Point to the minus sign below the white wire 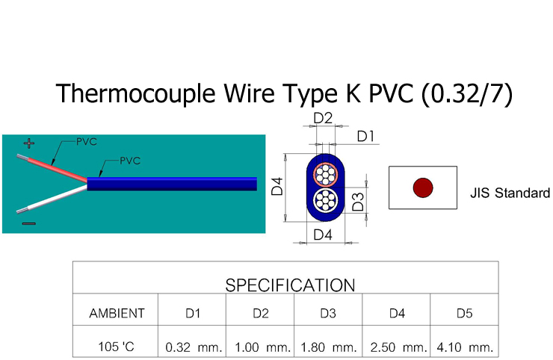tap(28, 223)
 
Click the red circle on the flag tap(424, 187)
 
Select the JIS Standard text tap(510, 193)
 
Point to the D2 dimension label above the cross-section tap(323, 118)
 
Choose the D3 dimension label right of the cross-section tap(359, 201)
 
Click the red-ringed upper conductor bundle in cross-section tap(325, 175)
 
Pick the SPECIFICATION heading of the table tap(290, 285)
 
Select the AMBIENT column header tap(117, 314)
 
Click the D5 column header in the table tap(464, 314)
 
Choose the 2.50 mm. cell tap(398, 347)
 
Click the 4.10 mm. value tap(465, 347)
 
